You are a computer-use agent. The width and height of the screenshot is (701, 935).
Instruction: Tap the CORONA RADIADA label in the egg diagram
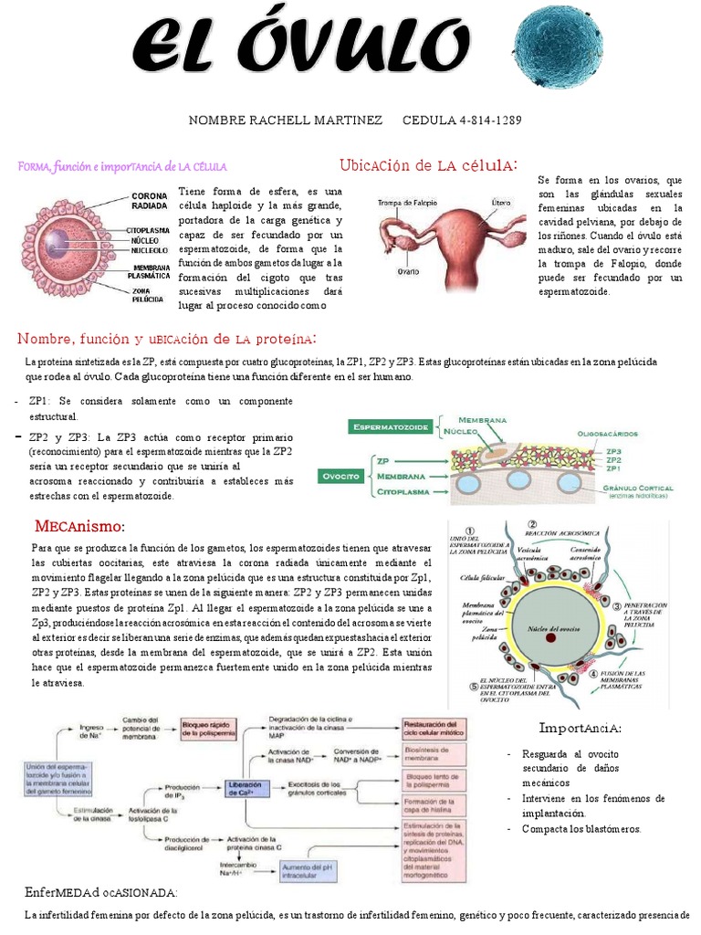[x=150, y=201]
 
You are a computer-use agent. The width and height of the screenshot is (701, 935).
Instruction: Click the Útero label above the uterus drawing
[x=501, y=202]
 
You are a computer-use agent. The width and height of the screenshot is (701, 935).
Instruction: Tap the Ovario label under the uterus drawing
[x=407, y=271]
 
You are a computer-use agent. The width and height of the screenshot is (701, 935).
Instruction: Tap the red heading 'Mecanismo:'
[x=79, y=527]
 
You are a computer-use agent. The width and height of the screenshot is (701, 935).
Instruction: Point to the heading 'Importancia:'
[x=580, y=728]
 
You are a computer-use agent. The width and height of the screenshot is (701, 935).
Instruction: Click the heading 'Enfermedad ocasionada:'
[x=101, y=892]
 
